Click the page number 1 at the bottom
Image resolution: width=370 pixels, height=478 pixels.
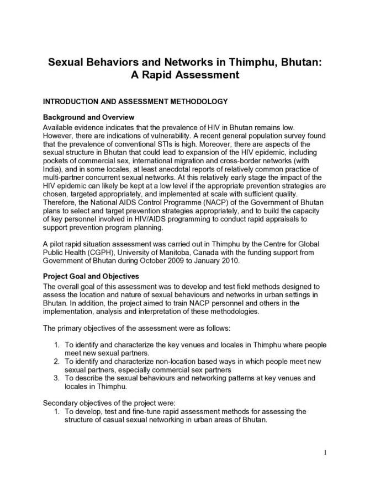coord(326,453)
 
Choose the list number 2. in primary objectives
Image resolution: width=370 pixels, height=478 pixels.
coord(57,361)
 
